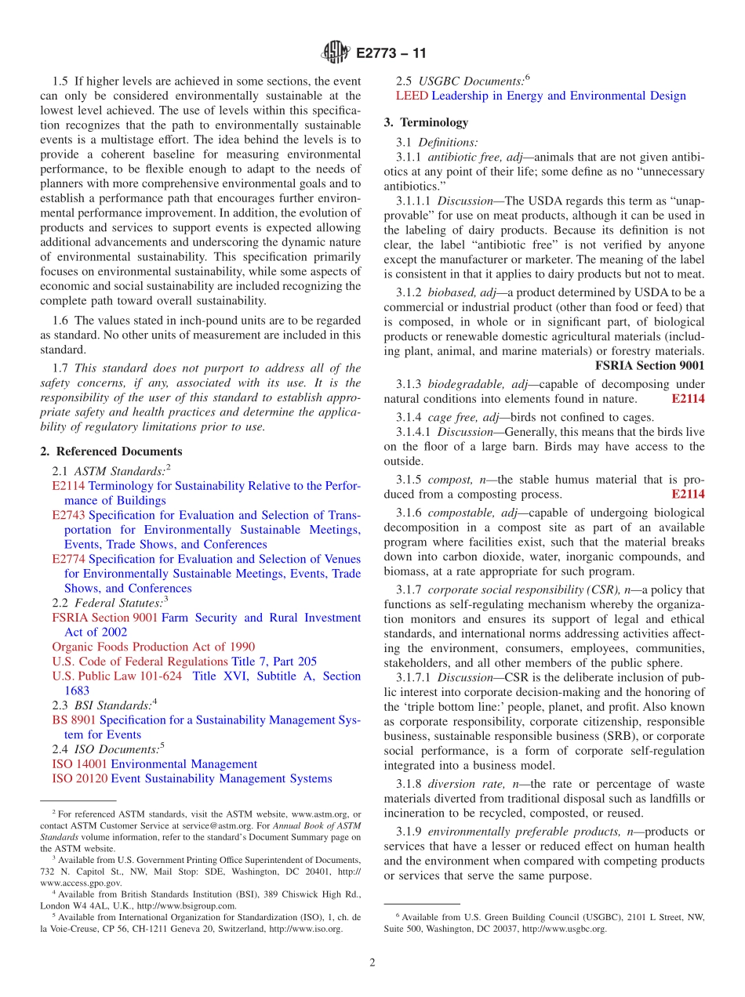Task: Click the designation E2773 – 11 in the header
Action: pos(391,54)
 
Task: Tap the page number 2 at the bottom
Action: pos(372,963)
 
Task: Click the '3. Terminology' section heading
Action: pos(426,122)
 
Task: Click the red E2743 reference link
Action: pos(69,515)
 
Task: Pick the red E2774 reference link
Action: pos(69,559)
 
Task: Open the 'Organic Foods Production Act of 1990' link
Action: pos(153,647)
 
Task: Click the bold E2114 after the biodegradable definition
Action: pos(688,399)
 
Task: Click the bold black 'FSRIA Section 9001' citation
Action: pos(649,365)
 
